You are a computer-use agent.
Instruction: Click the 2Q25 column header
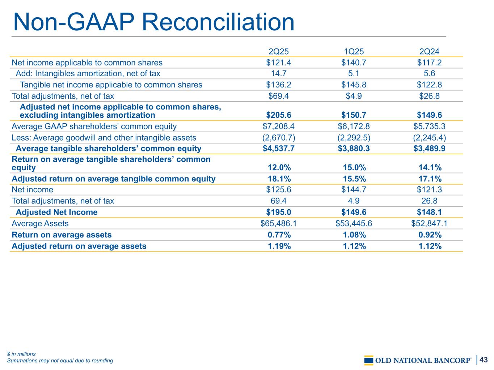pos(278,52)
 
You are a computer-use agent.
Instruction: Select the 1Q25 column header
pos(354,52)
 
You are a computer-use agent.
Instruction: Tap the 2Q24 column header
pos(429,52)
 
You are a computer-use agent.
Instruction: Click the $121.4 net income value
pos(278,63)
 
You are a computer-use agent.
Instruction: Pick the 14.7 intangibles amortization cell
pos(279,74)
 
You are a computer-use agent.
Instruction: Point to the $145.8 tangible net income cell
pos(354,85)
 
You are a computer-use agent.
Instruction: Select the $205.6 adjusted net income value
pos(278,115)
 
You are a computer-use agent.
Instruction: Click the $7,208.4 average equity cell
pos(278,126)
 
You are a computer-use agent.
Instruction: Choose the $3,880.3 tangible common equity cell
pos(354,149)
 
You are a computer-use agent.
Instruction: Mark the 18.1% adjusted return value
pos(279,179)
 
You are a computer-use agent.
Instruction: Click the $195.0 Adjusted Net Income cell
pos(278,212)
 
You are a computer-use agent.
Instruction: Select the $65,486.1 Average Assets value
pos(278,224)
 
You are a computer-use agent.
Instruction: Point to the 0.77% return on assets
pos(279,235)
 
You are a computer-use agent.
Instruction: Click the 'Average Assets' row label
pos(40,224)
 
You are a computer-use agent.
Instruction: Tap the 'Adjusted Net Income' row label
pos(56,212)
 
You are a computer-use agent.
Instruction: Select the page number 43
pos(484,360)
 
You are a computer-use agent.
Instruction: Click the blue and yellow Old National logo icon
pos(368,360)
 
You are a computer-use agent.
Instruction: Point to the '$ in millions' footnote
pos(21,354)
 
